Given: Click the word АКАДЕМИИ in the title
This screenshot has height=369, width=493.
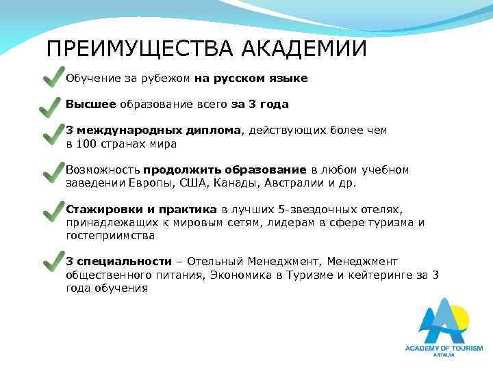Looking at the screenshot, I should click(301, 50).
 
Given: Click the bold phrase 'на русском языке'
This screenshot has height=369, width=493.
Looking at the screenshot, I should click(251, 79).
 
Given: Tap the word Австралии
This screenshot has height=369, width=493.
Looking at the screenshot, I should click(291, 183).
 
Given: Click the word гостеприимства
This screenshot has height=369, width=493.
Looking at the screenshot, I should click(110, 235).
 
